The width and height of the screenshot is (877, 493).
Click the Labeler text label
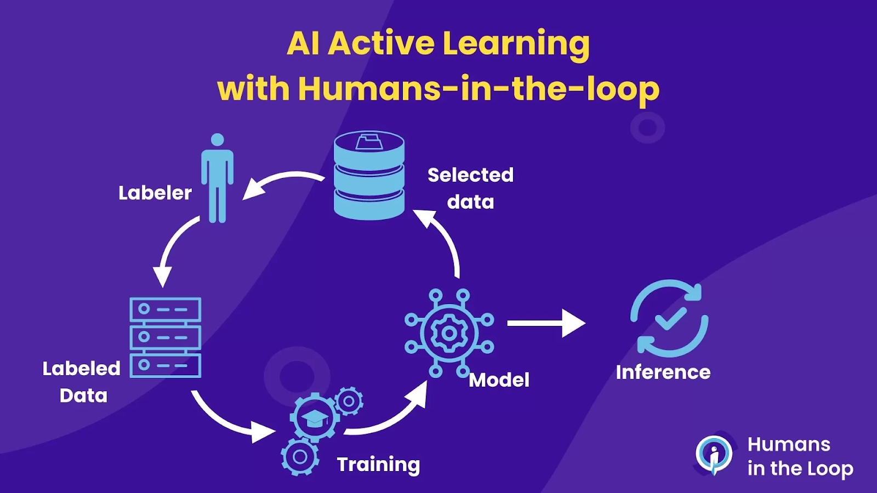coord(155,193)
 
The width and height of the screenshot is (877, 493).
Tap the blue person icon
coord(217,178)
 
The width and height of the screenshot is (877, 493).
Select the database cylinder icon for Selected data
coord(369,175)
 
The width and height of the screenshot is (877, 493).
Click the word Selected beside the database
coord(470,175)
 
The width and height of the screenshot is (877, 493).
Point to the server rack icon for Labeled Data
coord(165,337)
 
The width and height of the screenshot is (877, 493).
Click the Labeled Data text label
coord(82,382)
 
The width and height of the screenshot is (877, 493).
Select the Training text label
coord(379,465)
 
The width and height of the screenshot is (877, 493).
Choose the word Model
coord(499,380)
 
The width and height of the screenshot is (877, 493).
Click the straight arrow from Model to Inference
coord(546,323)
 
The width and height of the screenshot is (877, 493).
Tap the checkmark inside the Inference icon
coord(671,317)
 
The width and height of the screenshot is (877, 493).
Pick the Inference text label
coord(663,372)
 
